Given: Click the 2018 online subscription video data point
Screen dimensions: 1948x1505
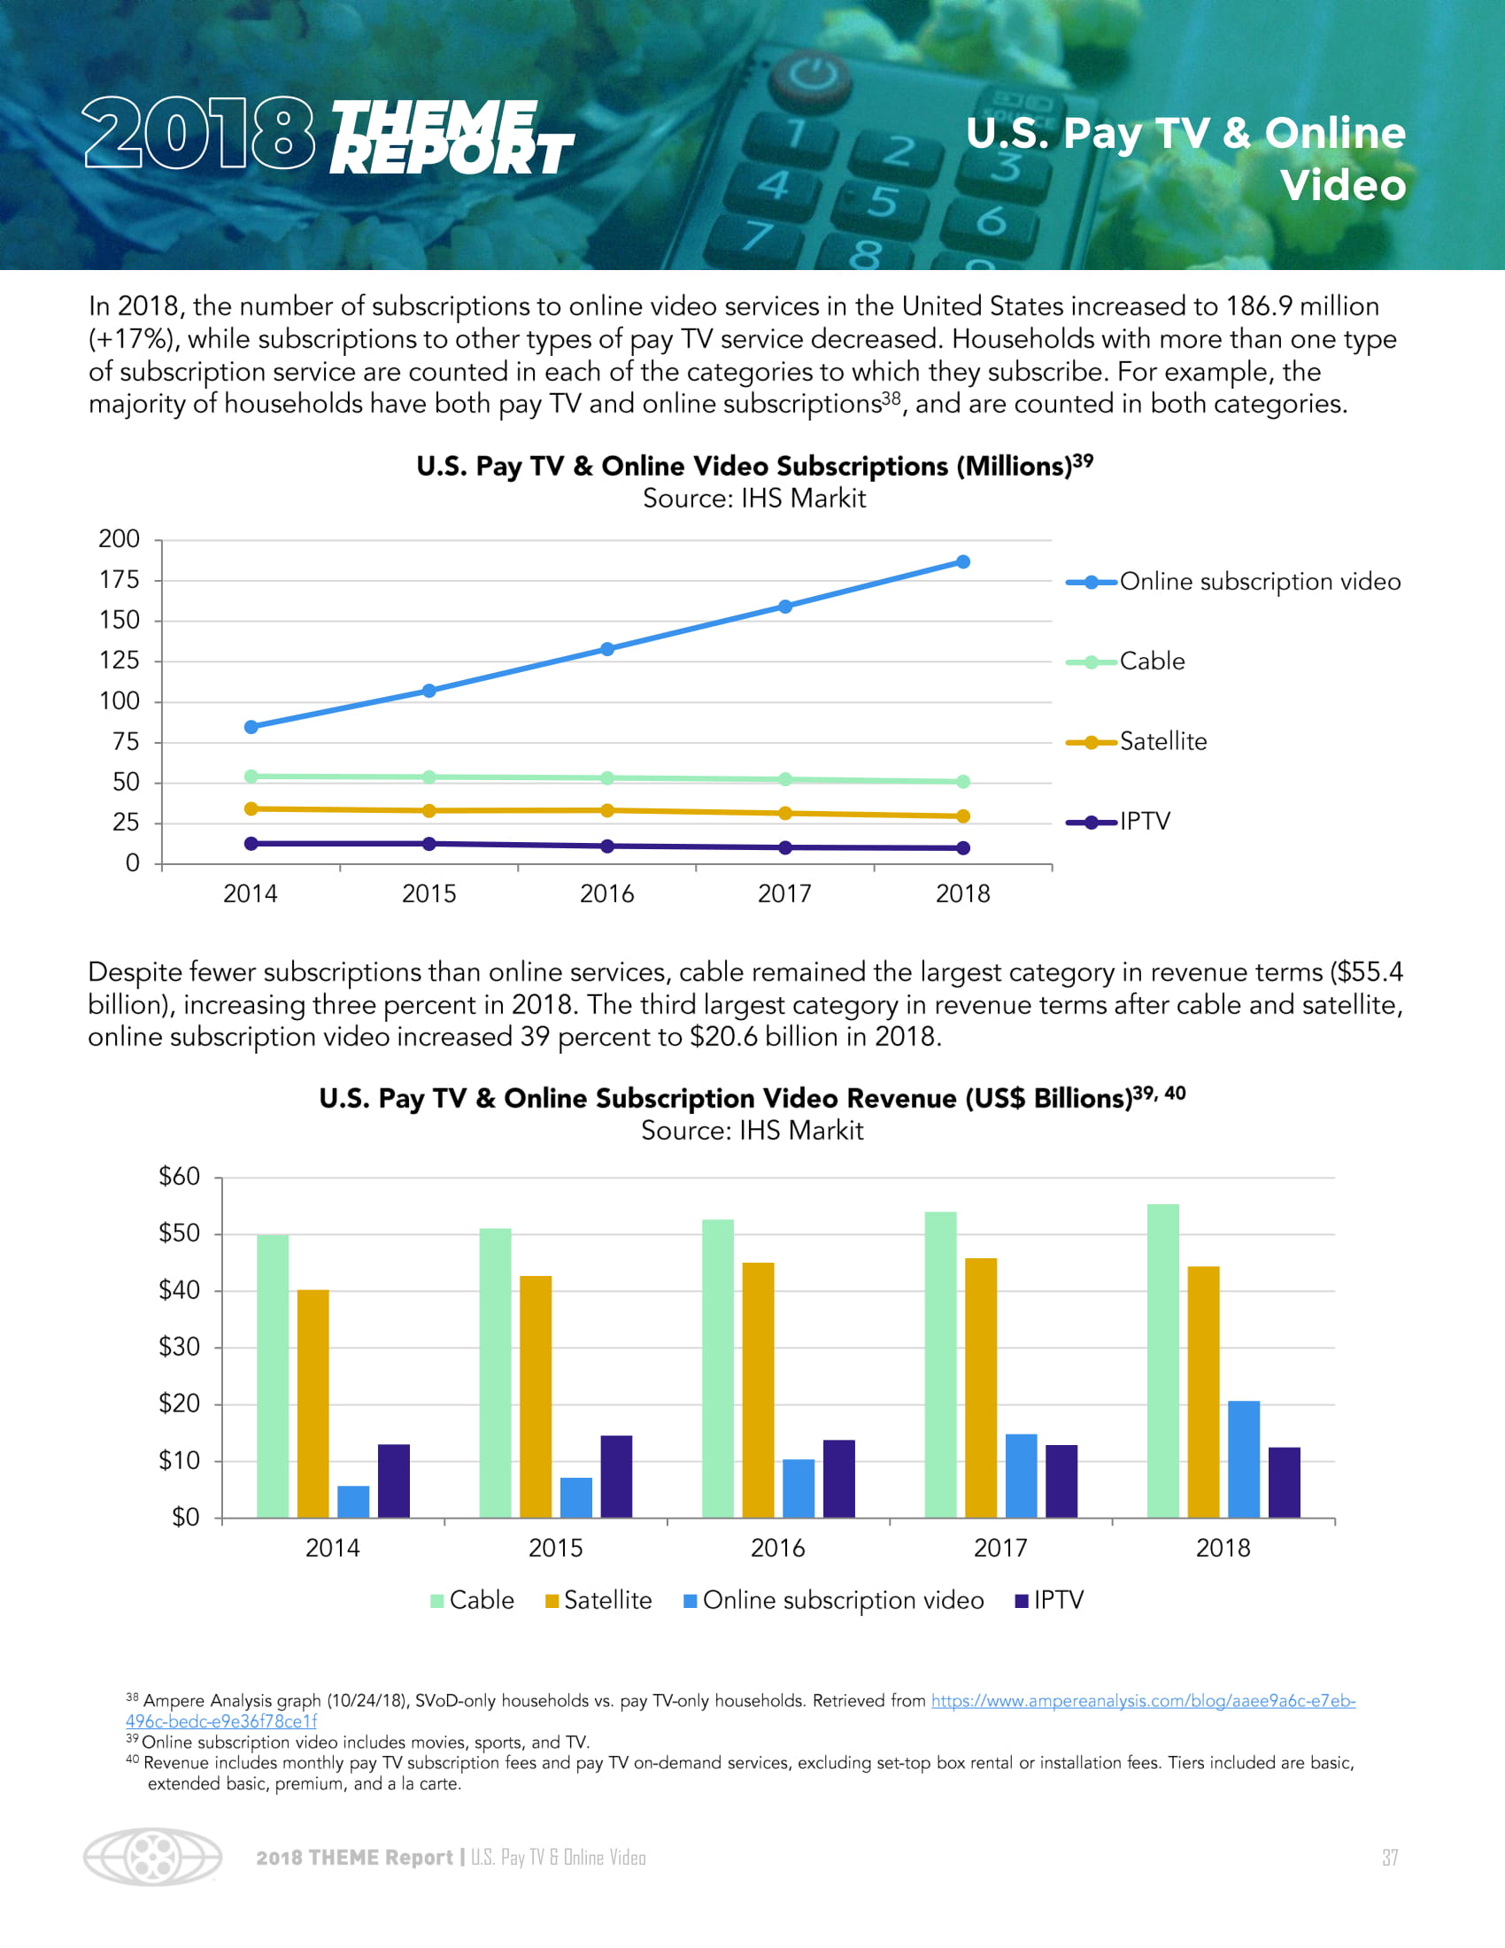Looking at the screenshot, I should click(963, 562).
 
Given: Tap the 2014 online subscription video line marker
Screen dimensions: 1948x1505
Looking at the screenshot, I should click(251, 727).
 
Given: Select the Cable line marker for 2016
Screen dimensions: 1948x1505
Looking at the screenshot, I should click(607, 777).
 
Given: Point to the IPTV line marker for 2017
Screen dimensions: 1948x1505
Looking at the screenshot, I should click(785, 847).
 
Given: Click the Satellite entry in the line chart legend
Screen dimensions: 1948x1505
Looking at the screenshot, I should click(1162, 741).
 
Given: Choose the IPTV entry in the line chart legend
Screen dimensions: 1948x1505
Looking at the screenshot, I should click(1144, 822).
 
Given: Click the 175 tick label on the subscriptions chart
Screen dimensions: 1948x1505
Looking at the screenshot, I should click(120, 581).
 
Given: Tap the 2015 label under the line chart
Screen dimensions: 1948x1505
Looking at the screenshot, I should click(428, 893).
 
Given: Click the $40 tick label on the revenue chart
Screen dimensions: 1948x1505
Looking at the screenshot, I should click(179, 1291).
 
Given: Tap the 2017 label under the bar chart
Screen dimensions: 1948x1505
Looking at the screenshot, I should click(1000, 1548).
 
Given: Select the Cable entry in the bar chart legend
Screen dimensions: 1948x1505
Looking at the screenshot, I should click(473, 1600).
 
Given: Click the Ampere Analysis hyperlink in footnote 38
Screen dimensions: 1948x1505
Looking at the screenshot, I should click(1143, 1701).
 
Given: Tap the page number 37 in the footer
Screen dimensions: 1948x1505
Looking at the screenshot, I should click(1390, 1857).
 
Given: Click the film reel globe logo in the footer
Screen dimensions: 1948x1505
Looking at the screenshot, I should click(152, 1857).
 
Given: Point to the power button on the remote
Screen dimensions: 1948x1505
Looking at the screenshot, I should click(812, 76).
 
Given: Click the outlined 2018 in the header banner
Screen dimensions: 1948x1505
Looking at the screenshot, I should click(199, 134).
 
